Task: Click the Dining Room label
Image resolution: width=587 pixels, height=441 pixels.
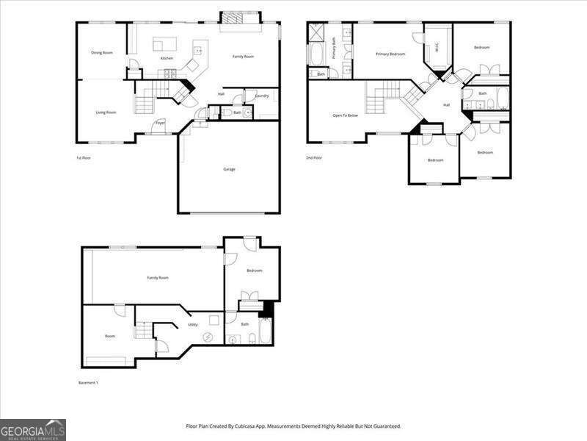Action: (102, 53)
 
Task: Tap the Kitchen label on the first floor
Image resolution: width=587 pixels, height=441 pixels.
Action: (167, 58)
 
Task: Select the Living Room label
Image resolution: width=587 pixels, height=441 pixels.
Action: (106, 112)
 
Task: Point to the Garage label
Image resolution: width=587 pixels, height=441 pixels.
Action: (229, 169)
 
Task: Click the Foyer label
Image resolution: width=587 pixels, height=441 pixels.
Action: (160, 123)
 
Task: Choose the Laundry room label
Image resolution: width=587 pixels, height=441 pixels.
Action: (262, 96)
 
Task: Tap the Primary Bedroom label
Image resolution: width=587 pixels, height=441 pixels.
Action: (390, 54)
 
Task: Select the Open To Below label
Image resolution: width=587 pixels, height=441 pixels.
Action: (345, 115)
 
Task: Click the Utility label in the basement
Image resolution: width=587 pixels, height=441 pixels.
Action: (192, 324)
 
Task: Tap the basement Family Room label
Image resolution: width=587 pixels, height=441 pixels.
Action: (158, 278)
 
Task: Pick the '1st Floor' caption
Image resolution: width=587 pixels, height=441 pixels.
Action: (84, 158)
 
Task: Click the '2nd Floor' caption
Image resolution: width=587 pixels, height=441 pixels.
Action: (314, 158)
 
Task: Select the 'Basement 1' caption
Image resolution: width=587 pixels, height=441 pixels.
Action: (88, 383)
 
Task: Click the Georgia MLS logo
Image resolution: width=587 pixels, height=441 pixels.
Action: (33, 429)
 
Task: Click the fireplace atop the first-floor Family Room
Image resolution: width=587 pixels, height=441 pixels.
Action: (240, 18)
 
